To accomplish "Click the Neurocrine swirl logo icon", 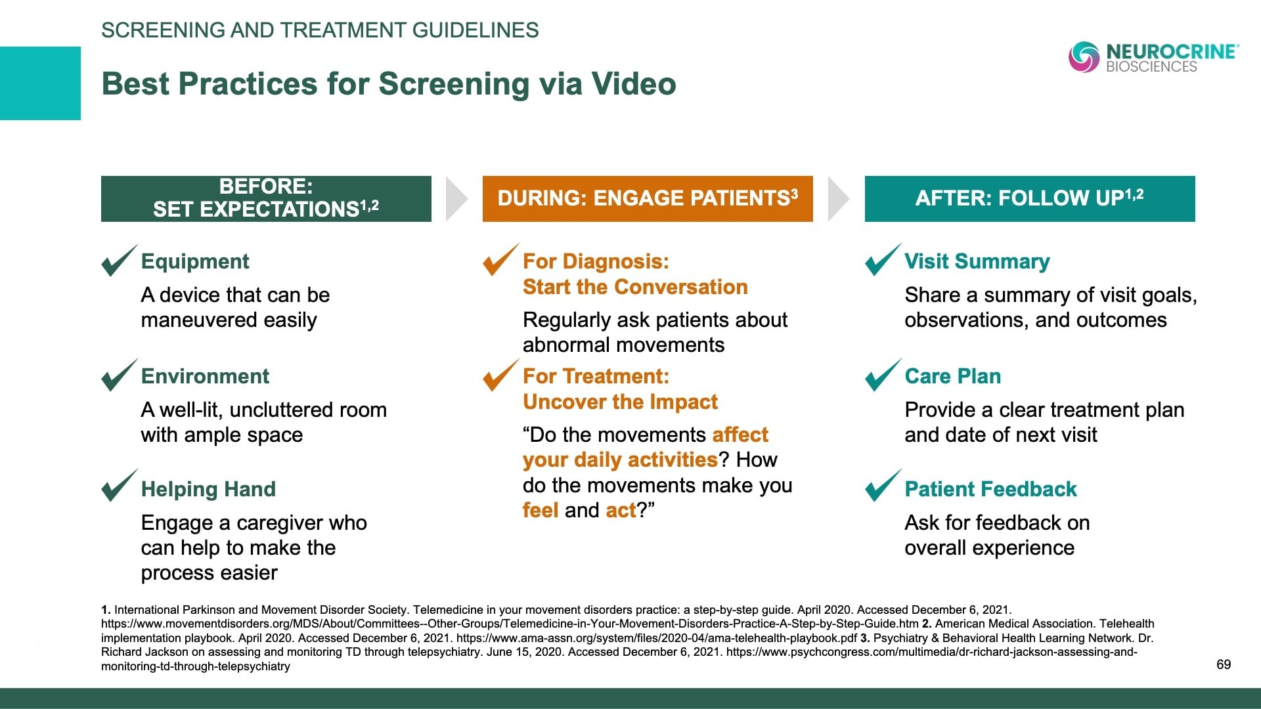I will click(x=1084, y=57).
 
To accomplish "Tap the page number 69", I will click(x=1224, y=664).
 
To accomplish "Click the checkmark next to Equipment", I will click(x=119, y=261).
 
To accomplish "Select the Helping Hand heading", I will click(x=208, y=489).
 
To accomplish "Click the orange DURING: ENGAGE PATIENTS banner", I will click(x=648, y=198).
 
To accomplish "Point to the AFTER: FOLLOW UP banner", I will click(x=1029, y=198).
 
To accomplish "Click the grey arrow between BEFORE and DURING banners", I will click(x=456, y=198).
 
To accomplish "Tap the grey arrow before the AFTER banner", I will click(x=838, y=198).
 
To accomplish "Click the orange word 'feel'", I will click(x=540, y=510).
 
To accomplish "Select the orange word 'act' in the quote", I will click(x=621, y=510).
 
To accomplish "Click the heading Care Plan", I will click(x=952, y=376).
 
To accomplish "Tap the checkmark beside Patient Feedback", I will click(x=882, y=486).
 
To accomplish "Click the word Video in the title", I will click(x=634, y=84).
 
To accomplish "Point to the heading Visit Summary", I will click(x=977, y=261).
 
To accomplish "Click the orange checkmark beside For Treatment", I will click(x=500, y=376).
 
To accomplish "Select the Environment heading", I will click(x=205, y=376).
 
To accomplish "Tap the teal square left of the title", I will click(x=40, y=83).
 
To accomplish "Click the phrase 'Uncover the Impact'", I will click(x=620, y=402).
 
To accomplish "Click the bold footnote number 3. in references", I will click(x=864, y=638).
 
